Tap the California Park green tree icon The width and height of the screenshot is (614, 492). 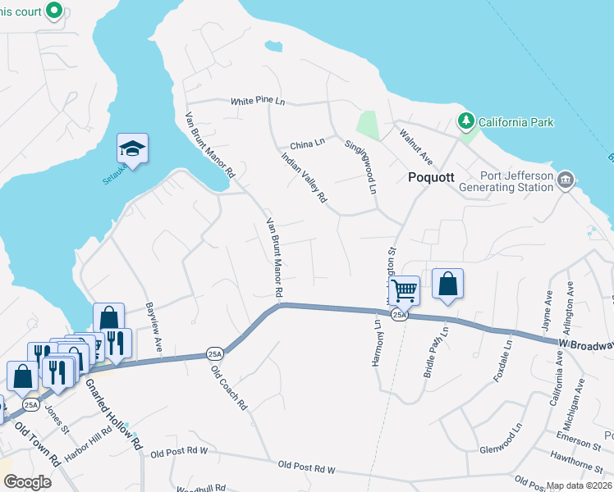tap(466, 122)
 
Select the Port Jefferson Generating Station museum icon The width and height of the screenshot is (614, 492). tap(565, 180)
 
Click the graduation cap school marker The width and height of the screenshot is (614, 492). tap(132, 148)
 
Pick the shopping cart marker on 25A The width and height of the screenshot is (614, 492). tap(404, 289)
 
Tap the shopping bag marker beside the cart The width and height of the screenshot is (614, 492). tap(447, 285)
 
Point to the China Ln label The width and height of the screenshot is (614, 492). tap(308, 143)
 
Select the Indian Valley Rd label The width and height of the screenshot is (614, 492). tap(304, 176)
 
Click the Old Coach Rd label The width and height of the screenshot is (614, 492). tap(229, 387)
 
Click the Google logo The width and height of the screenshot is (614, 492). tap(26, 481)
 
